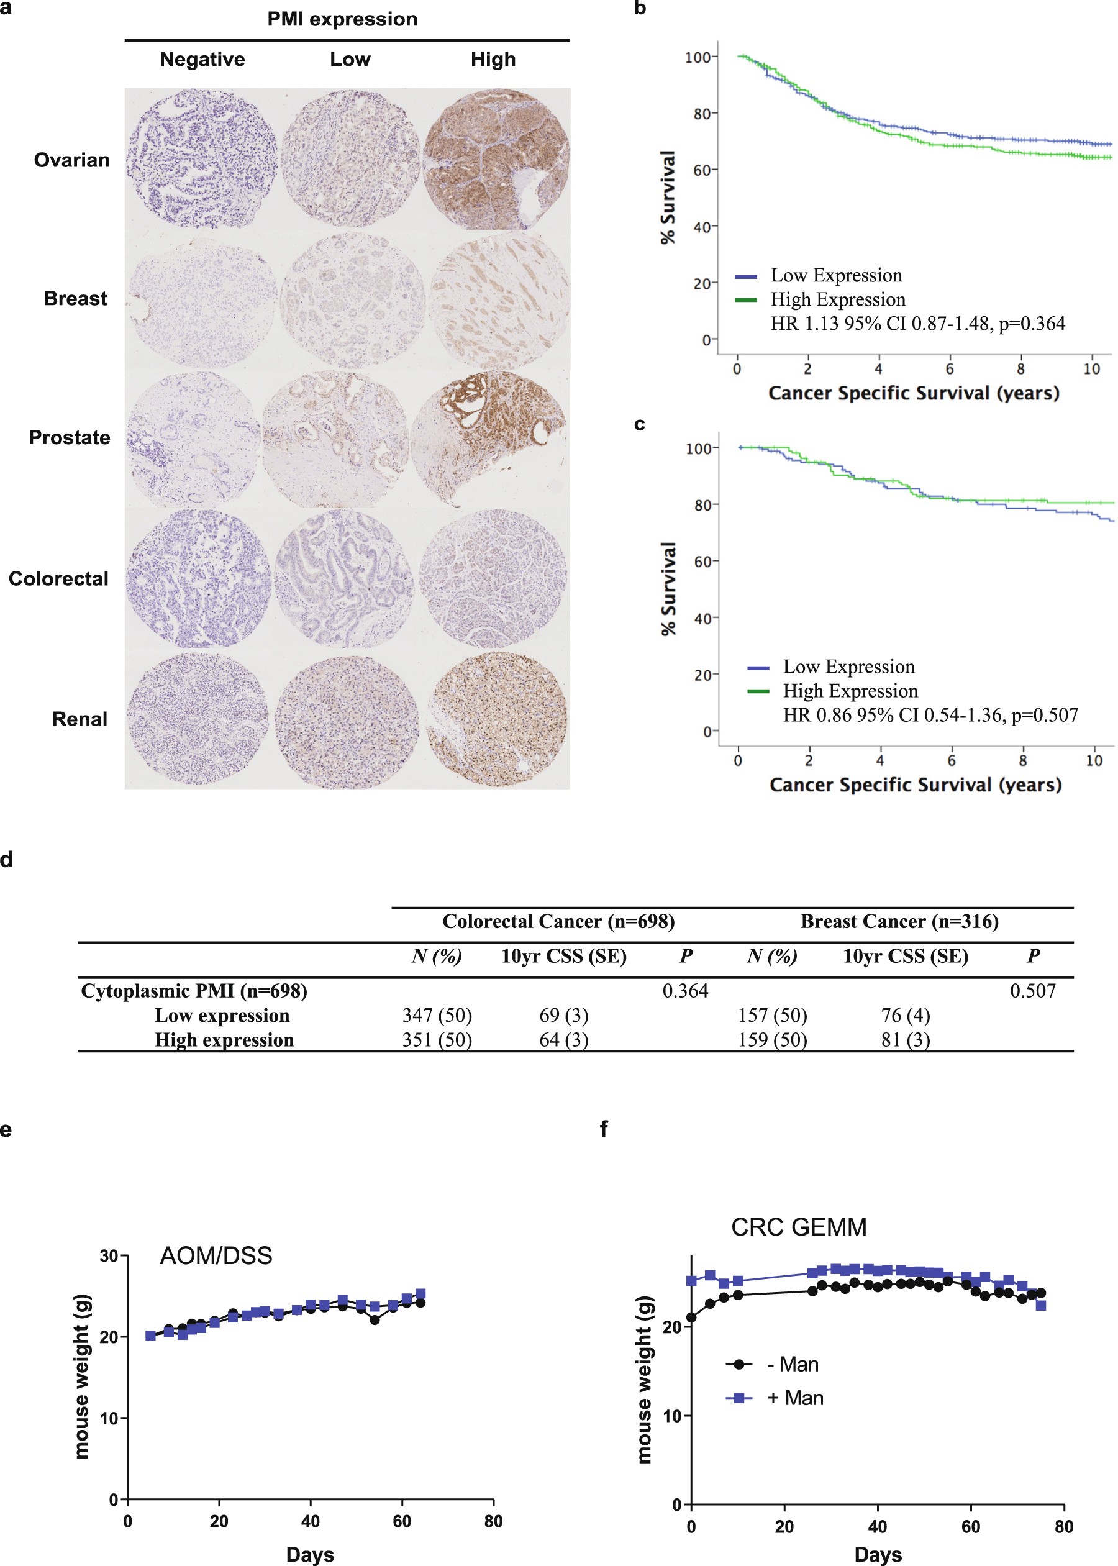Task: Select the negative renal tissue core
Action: tap(198, 720)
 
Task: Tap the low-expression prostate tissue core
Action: tap(336, 439)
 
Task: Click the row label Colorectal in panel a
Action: tap(58, 579)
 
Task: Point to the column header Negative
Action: tap(202, 60)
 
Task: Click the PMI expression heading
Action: tap(342, 19)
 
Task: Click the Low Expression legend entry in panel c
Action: tap(848, 667)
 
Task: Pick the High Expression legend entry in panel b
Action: tap(837, 300)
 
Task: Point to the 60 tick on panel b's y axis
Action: tap(701, 170)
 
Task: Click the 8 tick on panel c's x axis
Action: tap(1022, 760)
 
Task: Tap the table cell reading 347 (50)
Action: tap(437, 1015)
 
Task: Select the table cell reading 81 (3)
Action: tap(906, 1039)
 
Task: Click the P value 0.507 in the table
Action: tap(1032, 991)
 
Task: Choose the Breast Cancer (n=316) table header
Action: tap(899, 922)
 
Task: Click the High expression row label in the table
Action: tap(224, 1039)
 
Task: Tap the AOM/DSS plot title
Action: tap(216, 1256)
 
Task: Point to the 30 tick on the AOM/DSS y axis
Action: tap(109, 1256)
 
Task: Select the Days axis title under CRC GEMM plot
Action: tap(878, 1554)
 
